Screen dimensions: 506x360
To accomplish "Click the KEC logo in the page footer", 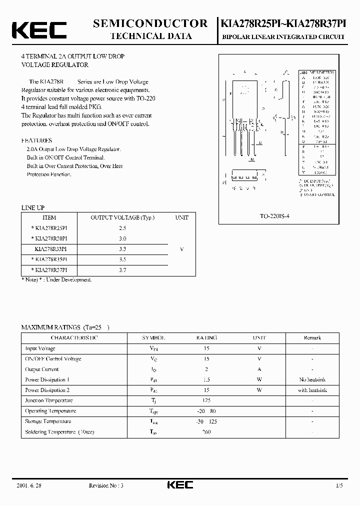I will tap(179, 485).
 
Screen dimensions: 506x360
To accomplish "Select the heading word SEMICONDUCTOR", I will tap(150, 23).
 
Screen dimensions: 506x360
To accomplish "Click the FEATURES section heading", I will tap(36, 140).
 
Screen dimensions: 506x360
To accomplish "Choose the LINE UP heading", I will tap(33, 207).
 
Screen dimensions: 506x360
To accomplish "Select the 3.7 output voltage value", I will tap(122, 269).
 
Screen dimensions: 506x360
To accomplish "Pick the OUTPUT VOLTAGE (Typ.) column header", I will tap(122, 217).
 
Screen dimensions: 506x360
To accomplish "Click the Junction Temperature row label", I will tap(49, 400).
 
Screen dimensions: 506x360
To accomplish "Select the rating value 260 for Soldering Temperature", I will tap(206, 431).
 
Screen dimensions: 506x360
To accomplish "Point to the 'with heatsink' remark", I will tap(312, 390).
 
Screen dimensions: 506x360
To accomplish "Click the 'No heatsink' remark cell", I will tap(312, 379).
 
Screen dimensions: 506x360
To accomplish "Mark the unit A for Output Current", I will tap(259, 369).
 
